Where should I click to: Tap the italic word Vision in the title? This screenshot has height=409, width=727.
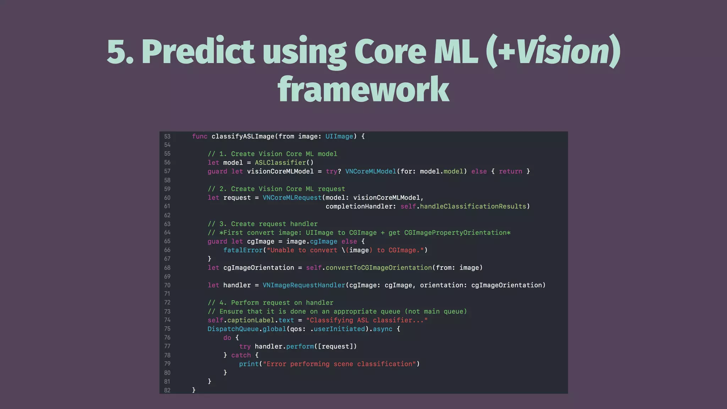(x=563, y=51)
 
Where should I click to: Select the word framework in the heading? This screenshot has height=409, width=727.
(x=363, y=89)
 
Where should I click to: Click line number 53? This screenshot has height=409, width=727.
(x=167, y=137)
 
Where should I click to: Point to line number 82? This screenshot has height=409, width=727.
(x=167, y=390)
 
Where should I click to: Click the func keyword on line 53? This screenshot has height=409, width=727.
(x=199, y=136)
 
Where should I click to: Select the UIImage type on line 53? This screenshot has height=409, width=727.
(x=339, y=136)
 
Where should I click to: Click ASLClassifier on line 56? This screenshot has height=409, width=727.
(x=280, y=163)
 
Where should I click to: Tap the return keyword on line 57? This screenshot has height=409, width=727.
(x=510, y=171)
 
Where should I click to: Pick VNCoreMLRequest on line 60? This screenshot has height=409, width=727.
(x=292, y=198)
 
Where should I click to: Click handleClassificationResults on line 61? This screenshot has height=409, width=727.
(x=473, y=206)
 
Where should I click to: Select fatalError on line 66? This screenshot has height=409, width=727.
(x=243, y=250)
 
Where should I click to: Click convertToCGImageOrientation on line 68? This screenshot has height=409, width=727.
(x=378, y=268)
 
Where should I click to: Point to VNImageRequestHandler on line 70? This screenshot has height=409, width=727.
(x=304, y=285)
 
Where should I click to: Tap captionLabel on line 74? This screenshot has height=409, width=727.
(x=251, y=320)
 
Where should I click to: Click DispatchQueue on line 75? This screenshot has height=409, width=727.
(x=233, y=329)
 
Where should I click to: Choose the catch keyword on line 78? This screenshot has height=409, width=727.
(x=241, y=355)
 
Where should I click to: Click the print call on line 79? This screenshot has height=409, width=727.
(x=248, y=364)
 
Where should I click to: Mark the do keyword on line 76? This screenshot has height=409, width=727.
(x=227, y=338)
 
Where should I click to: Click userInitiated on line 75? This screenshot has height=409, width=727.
(x=339, y=329)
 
